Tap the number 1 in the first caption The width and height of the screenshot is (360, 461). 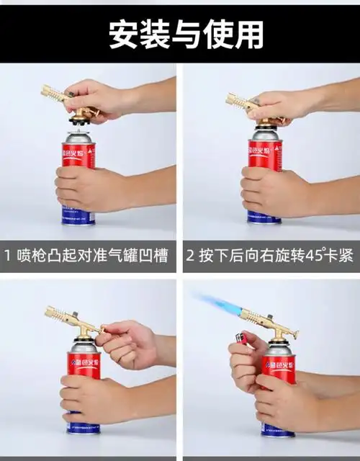(x=8, y=256)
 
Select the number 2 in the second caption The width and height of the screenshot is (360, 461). (x=191, y=256)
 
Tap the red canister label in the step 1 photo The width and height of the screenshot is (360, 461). (x=78, y=156)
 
